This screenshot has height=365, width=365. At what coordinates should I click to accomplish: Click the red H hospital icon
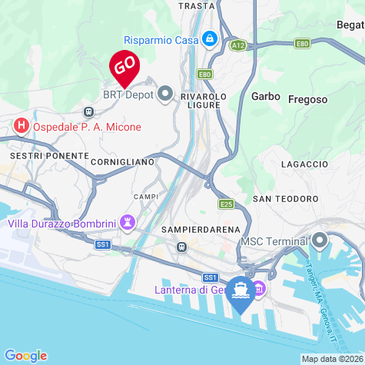[x=22, y=124]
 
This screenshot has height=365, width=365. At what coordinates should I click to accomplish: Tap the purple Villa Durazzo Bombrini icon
[x=128, y=223]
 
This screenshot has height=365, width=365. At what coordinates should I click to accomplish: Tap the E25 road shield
[x=226, y=204]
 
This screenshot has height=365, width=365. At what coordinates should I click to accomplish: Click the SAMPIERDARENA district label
[x=201, y=229]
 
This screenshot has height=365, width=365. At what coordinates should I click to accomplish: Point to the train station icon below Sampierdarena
[x=181, y=247]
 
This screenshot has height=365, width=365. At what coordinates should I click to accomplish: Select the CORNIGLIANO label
[x=123, y=163]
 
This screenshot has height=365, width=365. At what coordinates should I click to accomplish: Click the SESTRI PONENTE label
[x=49, y=155]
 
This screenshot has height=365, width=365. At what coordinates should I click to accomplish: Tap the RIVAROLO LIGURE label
[x=204, y=101]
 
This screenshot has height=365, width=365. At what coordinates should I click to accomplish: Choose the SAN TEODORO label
[x=286, y=198]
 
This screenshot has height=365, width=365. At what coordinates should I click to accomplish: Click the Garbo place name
[x=264, y=97]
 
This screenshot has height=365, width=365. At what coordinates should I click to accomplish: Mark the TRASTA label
[x=196, y=5]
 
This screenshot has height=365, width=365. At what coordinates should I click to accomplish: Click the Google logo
[x=25, y=355]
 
